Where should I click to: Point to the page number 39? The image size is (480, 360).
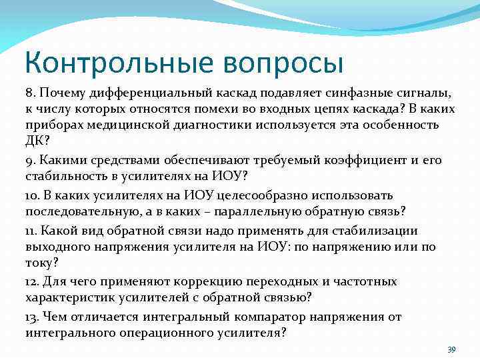click(x=451, y=349)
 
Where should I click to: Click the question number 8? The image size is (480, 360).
click(x=31, y=91)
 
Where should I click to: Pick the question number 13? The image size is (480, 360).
click(x=33, y=317)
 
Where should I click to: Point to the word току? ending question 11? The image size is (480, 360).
click(x=41, y=265)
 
